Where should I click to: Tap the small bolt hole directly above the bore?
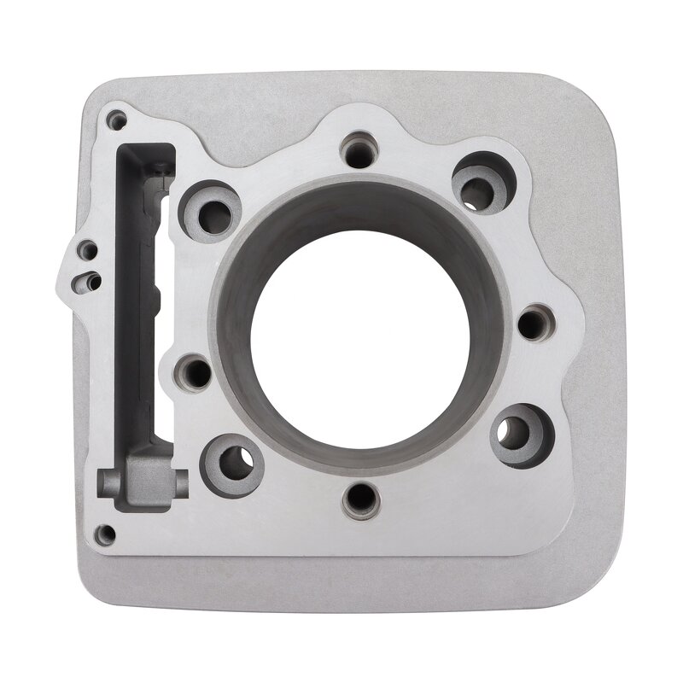tap(359, 151)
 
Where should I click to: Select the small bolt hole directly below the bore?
tap(360, 499)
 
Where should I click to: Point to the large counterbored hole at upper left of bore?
tap(210, 210)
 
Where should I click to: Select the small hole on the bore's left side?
tap(195, 372)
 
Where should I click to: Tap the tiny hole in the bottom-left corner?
tap(104, 535)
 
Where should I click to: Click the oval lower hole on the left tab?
tap(87, 281)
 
